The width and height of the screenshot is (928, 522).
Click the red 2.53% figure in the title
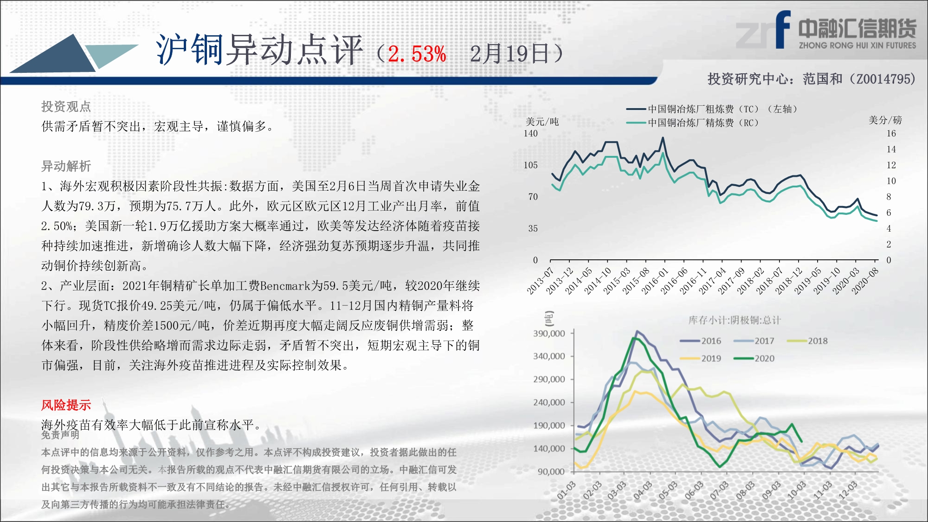pyautogui.click(x=417, y=54)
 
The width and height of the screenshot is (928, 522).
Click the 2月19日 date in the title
pyautogui.click(x=510, y=54)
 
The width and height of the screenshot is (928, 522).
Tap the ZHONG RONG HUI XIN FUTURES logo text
pyautogui.click(x=857, y=45)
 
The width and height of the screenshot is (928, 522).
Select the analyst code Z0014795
pyautogui.click(x=881, y=79)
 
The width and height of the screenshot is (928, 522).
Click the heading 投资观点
pyautogui.click(x=66, y=107)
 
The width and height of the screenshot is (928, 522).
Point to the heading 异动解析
pyautogui.click(x=66, y=166)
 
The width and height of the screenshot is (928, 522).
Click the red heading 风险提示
pyautogui.click(x=66, y=405)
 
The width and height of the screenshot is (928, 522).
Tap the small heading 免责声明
pyautogui.click(x=60, y=435)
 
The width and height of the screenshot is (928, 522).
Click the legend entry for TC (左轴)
pyautogui.click(x=712, y=109)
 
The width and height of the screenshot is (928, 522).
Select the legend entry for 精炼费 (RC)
pyautogui.click(x=692, y=123)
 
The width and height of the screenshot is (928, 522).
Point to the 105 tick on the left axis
pyautogui.click(x=530, y=165)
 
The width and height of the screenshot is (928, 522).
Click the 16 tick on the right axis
pyautogui.click(x=891, y=134)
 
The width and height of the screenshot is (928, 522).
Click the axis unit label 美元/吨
pyautogui.click(x=542, y=122)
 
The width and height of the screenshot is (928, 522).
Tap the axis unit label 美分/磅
pyautogui.click(x=885, y=120)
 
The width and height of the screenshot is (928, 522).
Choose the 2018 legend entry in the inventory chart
pyautogui.click(x=807, y=341)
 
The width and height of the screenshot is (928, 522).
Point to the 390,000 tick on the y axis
pyautogui.click(x=549, y=333)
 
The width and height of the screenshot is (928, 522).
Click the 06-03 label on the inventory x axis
pyautogui.click(x=694, y=490)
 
